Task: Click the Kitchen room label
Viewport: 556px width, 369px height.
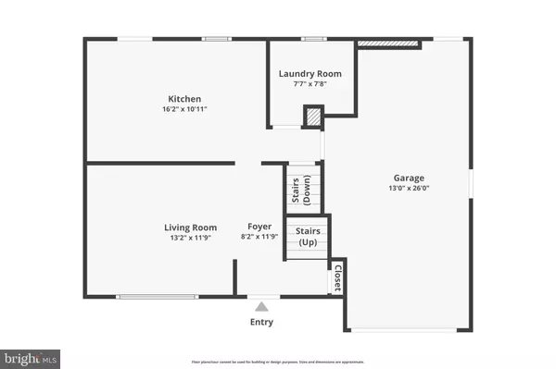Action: coord(183,99)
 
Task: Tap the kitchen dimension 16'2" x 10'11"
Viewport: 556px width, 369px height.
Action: coord(183,109)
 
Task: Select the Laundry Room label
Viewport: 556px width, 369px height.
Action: coord(310,73)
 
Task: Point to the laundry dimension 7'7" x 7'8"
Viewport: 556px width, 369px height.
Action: coord(310,83)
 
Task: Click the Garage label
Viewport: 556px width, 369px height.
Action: coord(408,178)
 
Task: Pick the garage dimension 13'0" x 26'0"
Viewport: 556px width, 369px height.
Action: coord(408,188)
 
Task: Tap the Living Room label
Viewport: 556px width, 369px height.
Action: coord(190,228)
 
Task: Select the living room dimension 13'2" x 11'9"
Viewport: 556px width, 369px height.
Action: coord(190,238)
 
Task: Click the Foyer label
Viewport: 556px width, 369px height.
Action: coord(259,228)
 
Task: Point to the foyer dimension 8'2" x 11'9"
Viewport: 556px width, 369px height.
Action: coord(259,238)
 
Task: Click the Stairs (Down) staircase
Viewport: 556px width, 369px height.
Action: coord(302,188)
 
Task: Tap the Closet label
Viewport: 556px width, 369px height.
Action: coord(337,277)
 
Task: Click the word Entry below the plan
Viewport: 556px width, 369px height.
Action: coord(262,322)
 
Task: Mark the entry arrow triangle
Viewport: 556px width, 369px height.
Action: coord(262,306)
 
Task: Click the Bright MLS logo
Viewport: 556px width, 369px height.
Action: coord(31,356)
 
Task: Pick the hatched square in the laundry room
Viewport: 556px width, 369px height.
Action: coord(315,117)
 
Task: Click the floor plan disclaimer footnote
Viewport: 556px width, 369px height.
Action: coord(277,355)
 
